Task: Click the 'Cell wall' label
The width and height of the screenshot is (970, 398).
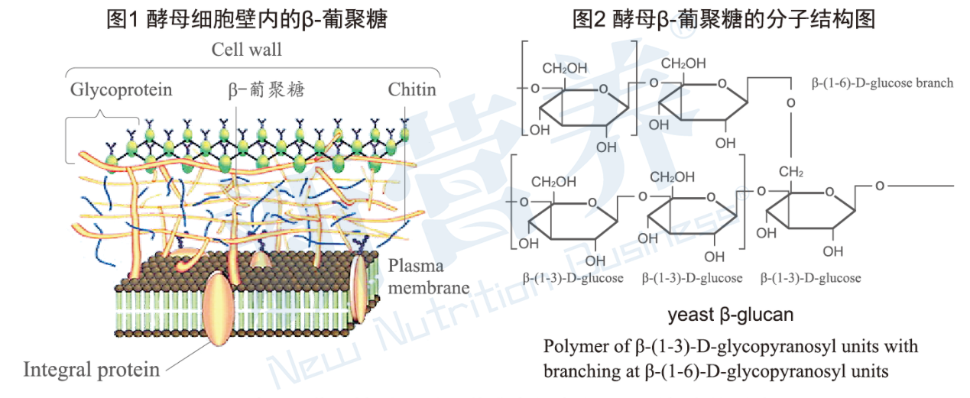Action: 246,50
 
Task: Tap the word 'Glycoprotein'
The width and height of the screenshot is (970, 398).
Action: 121,89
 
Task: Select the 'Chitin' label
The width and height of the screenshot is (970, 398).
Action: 412,89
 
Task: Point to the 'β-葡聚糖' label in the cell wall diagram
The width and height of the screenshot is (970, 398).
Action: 266,90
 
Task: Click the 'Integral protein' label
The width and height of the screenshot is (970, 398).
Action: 92,370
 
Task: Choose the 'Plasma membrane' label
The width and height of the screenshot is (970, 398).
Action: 428,277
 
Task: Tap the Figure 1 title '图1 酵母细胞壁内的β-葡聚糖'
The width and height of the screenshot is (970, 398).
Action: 247,19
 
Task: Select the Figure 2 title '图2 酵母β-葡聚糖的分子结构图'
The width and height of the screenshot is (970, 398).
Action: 724,19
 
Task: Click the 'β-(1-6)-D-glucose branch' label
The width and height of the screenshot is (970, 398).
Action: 882,83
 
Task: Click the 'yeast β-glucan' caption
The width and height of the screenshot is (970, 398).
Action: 730,314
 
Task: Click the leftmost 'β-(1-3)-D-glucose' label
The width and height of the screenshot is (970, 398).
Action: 573,278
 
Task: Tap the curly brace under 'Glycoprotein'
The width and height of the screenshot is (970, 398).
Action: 102,118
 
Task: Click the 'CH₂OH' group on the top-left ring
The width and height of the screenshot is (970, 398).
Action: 565,68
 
